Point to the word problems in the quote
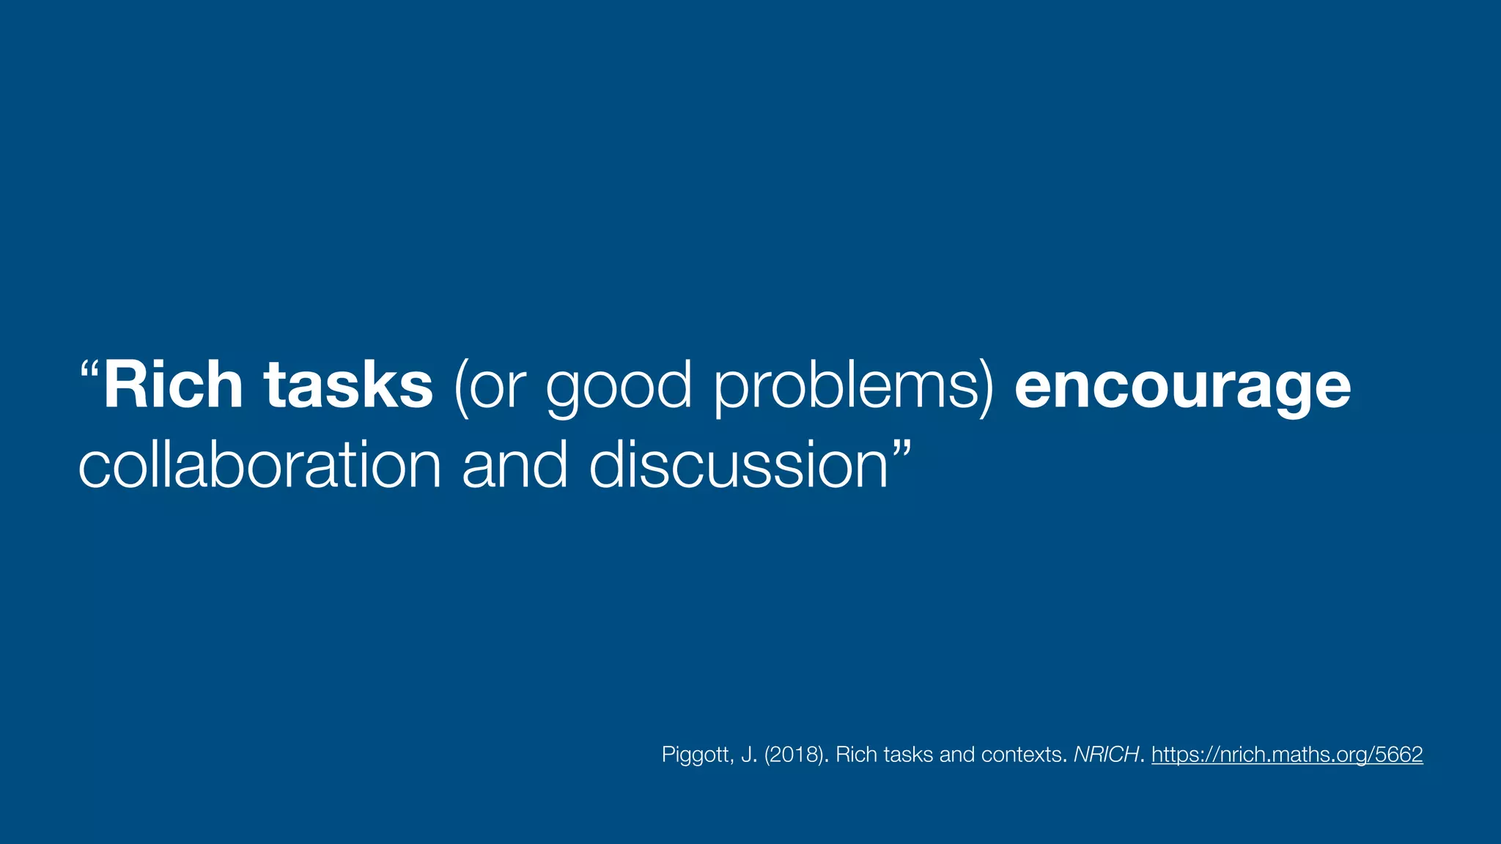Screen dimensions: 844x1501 click(854, 388)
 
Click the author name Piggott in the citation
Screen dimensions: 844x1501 click(696, 755)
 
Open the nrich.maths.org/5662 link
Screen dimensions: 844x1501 click(1287, 755)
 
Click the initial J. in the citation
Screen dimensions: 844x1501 click(749, 755)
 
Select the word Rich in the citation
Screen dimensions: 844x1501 click(857, 755)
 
